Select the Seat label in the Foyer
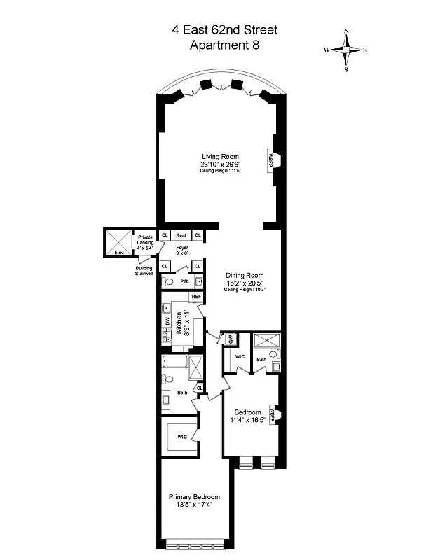pyautogui.click(x=181, y=235)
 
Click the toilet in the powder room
pyautogui.click(x=166, y=282)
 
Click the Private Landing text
pyautogui.click(x=146, y=240)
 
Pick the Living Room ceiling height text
pyautogui.click(x=221, y=171)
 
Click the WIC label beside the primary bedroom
pyautogui.click(x=182, y=437)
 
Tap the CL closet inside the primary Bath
pyautogui.click(x=199, y=388)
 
